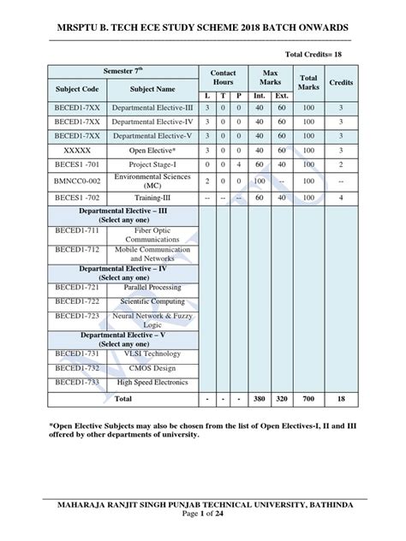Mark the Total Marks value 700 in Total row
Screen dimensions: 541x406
308,399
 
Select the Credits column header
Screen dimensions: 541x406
343,82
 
